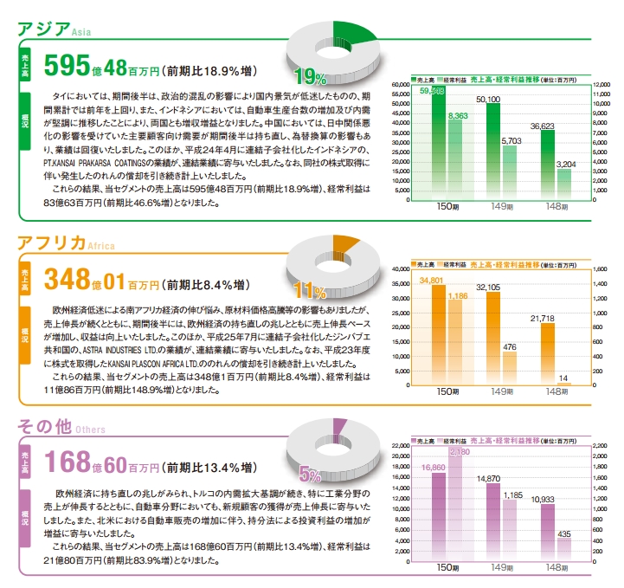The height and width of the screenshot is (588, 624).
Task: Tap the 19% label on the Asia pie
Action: pos(309,77)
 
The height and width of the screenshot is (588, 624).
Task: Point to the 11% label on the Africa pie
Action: pos(310,289)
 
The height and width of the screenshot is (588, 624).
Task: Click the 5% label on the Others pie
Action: pos(310,473)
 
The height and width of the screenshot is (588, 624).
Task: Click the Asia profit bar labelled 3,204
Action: pos(563,184)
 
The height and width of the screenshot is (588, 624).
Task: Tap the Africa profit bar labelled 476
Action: pos(509,366)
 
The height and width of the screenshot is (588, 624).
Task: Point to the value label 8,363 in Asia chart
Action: pos(456,114)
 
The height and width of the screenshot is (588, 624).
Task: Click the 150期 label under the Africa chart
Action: pos(447,391)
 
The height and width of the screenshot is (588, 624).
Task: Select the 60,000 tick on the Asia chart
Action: pos(400,85)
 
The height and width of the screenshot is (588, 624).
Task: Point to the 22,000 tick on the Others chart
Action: pos(400,444)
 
